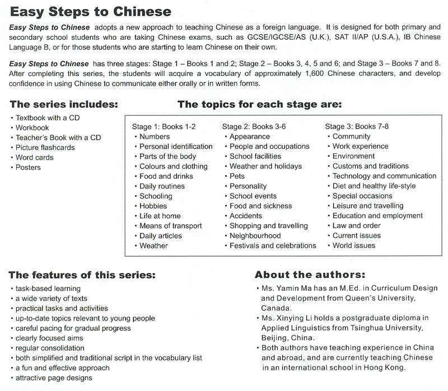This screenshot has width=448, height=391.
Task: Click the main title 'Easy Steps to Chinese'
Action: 90,11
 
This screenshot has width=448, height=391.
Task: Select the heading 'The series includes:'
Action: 64,104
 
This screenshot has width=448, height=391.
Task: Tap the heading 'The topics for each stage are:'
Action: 259,104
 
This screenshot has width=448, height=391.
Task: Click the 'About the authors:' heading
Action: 310,275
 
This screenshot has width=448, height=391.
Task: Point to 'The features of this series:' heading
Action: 82,275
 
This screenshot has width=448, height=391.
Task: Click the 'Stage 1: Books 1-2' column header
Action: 164,126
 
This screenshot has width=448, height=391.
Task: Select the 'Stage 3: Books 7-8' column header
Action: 357,126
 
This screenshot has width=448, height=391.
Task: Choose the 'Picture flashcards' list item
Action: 45,148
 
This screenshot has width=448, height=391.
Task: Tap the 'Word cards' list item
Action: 35,158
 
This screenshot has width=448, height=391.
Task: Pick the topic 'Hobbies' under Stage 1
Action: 153,206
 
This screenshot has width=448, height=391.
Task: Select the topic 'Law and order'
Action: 356,225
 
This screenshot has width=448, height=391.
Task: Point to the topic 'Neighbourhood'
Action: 255,235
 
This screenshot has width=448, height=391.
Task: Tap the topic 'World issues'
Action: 353,246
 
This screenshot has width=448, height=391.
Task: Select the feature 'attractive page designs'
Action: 54,378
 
